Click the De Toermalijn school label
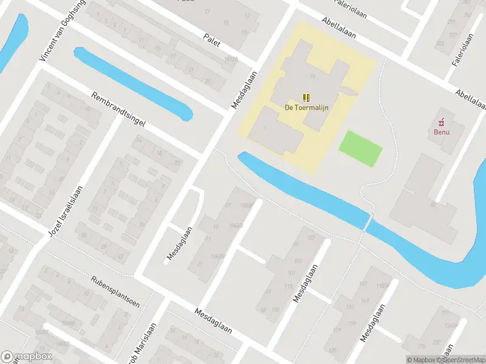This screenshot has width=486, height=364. (x=307, y=108)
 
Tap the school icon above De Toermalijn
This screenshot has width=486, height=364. (x=307, y=97)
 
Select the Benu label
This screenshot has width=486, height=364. (x=442, y=130)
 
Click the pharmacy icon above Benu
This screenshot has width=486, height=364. (x=442, y=120)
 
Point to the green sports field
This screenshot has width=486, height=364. (x=360, y=147)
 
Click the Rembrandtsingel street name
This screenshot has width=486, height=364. (x=118, y=109)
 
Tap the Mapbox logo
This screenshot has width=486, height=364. (x=27, y=357)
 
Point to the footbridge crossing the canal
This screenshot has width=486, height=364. (x=366, y=223)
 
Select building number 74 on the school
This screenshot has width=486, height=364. (x=313, y=76)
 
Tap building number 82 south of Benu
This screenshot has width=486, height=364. (x=433, y=204)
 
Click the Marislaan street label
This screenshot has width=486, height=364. (x=142, y=350)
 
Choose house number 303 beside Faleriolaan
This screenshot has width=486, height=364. (x=440, y=44)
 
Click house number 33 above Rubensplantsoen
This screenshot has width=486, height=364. (x=120, y=257)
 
